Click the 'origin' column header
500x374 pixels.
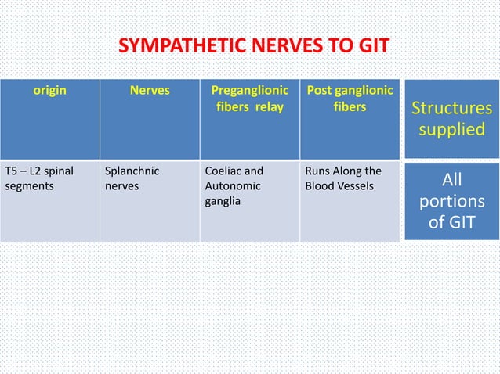pos(49,90)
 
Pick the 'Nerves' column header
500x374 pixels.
pos(149,90)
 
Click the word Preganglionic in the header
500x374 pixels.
pos(249,90)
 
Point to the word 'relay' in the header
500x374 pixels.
pos(269,106)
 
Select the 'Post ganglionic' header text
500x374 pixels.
pos(349,90)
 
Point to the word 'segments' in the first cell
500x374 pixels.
pos(29,186)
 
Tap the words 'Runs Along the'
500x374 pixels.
pos(342,171)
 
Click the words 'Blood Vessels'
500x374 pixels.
pos(339,186)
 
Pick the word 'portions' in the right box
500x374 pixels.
pos(452,203)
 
